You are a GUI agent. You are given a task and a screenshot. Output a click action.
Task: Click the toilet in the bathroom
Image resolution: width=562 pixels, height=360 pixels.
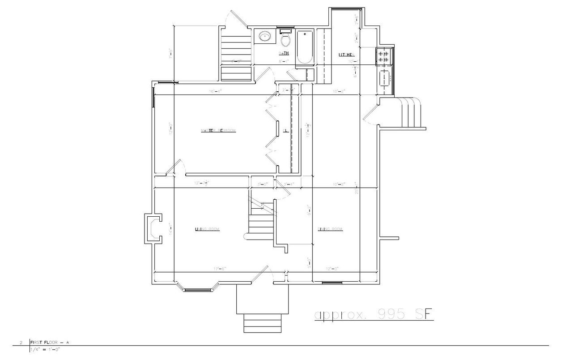(285, 40)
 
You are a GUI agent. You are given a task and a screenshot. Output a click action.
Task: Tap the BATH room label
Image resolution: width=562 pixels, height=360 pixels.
(284, 53)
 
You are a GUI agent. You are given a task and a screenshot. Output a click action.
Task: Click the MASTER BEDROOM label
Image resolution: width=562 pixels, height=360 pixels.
(218, 130)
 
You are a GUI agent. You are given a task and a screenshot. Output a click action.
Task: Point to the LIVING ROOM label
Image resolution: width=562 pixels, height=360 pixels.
(207, 229)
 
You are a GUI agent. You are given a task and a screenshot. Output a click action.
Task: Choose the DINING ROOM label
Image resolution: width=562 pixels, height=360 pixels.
(330, 229)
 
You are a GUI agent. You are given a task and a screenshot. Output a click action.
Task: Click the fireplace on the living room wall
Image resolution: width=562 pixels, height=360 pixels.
(152, 229)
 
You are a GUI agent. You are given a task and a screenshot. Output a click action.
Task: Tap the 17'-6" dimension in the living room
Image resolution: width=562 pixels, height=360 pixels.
(220, 269)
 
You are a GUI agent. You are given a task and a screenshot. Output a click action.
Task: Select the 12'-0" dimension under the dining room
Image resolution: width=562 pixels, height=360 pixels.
(332, 269)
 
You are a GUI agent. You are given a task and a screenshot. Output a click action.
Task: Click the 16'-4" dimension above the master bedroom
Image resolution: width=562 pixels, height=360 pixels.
(215, 91)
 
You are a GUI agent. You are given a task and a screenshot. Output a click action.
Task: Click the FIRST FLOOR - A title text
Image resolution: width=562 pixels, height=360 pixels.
(49, 343)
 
